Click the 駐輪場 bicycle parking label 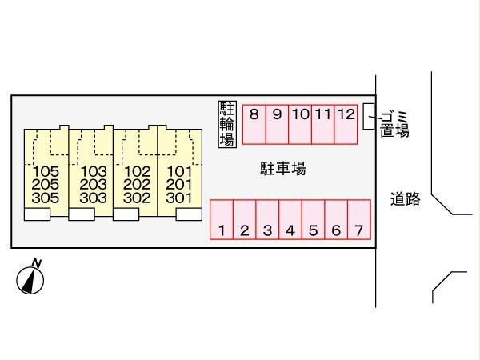[226, 124]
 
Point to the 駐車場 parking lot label [282, 169]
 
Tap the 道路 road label [406, 199]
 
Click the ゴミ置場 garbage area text [394, 125]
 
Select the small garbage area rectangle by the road [368, 116]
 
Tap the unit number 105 [47, 171]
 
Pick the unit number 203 [94, 184]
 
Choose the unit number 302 [138, 197]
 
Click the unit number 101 [178, 171]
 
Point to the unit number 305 [47, 197]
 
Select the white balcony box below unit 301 [189, 214]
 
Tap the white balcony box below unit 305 [37, 214]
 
